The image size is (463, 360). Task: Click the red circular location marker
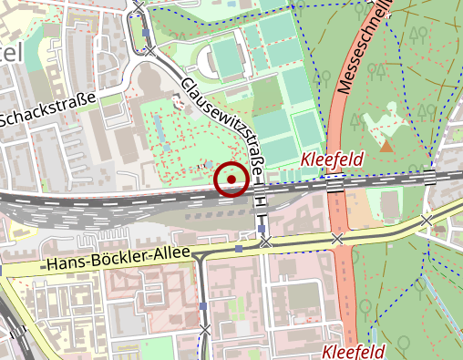click(x=231, y=180)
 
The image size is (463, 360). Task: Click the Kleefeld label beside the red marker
click(x=332, y=159)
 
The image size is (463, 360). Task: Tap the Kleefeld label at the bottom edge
click(x=354, y=351)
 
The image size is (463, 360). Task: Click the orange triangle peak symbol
click(x=386, y=146)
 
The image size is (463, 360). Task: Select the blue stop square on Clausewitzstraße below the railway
click(x=262, y=229)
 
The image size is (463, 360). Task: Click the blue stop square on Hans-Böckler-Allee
click(x=239, y=248)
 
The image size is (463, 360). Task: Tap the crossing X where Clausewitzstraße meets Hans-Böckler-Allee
click(x=264, y=243)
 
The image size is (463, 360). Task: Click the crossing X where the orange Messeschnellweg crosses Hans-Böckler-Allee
click(x=337, y=239)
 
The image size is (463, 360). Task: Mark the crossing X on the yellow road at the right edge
click(x=426, y=221)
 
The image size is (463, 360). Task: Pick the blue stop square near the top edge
click(x=147, y=35)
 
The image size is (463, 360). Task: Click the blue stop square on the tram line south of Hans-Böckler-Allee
click(x=203, y=306)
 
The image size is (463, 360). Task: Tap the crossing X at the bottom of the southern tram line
click(x=205, y=328)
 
